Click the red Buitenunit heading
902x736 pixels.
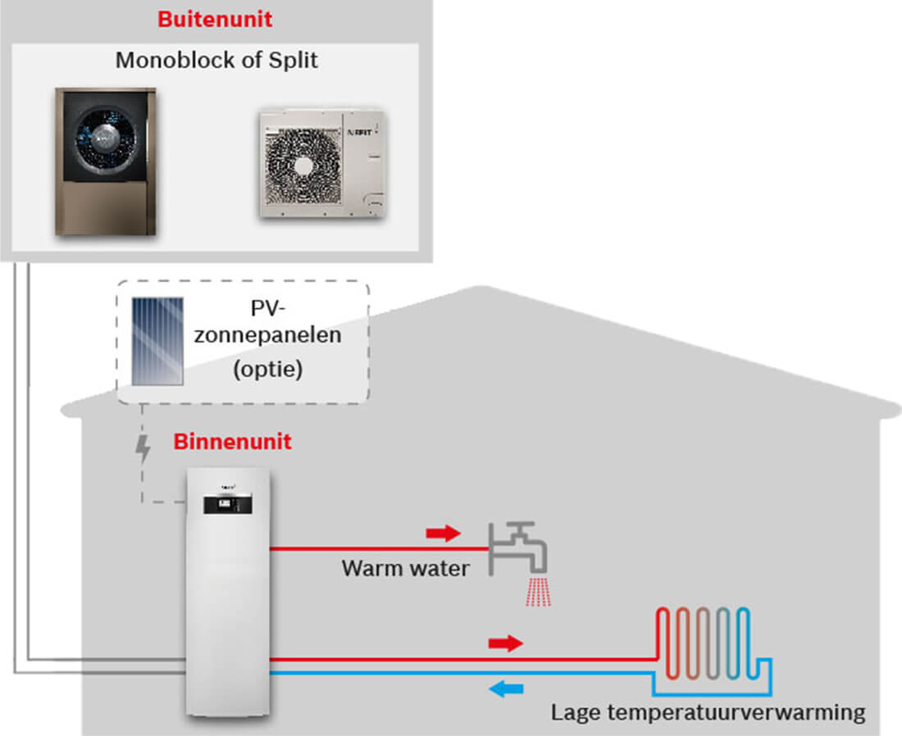[x=215, y=19]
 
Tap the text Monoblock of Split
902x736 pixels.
[x=216, y=61]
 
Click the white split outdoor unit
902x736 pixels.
[x=322, y=164]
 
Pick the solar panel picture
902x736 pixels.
[x=158, y=341]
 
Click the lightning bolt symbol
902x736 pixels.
[x=143, y=449]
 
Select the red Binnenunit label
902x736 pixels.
[x=232, y=442]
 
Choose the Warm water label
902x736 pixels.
[x=406, y=567]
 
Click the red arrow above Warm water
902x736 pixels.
[x=444, y=534]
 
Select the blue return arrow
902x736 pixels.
[x=506, y=689]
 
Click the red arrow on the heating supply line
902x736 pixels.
[x=505, y=643]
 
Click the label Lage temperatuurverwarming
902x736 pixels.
[x=708, y=712]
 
